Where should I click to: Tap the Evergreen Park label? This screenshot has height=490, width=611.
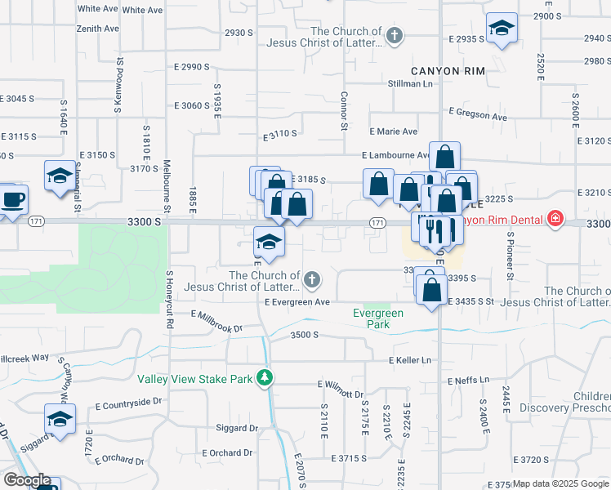[378, 318]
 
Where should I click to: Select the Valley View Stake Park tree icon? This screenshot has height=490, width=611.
[264, 377]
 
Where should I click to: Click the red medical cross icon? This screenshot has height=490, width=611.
[555, 219]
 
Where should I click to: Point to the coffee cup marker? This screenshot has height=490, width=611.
[12, 198]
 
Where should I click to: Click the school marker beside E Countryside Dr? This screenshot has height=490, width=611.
[60, 419]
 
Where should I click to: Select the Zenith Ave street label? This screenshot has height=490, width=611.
[99, 28]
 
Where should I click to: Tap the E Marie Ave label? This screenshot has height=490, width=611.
[393, 131]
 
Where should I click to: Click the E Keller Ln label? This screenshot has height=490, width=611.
[410, 359]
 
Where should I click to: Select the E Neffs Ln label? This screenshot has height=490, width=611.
[468, 381]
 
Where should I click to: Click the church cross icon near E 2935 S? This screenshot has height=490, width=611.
[395, 34]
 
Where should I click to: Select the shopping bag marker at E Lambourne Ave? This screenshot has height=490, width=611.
[444, 156]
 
